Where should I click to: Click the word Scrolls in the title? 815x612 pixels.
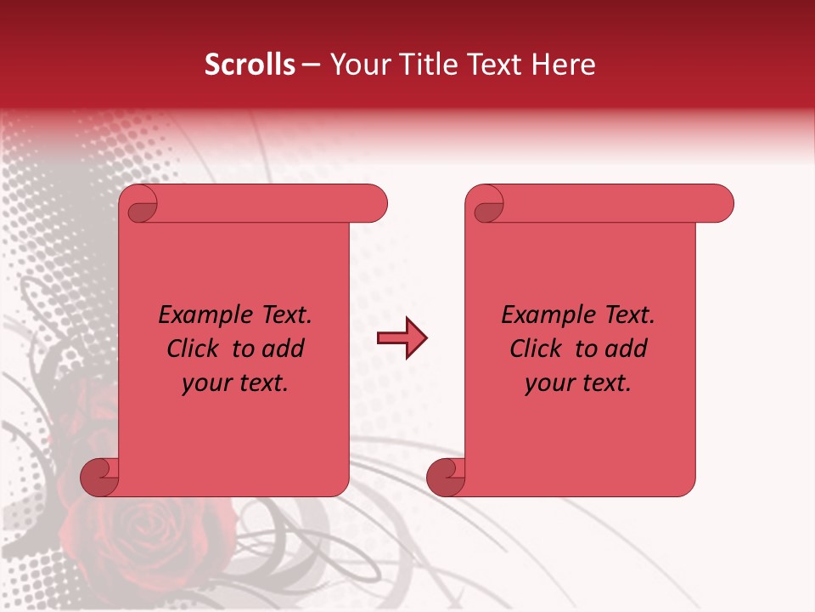(250, 65)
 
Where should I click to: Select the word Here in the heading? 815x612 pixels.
(563, 65)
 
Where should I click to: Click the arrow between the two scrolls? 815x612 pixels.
(402, 338)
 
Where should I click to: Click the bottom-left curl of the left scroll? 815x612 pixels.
(100, 477)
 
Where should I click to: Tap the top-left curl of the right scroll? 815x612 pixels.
(487, 204)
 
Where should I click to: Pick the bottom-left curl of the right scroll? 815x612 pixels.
(446, 477)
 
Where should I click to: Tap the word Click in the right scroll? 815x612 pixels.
(537, 348)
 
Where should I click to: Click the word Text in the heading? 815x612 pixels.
(493, 65)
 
